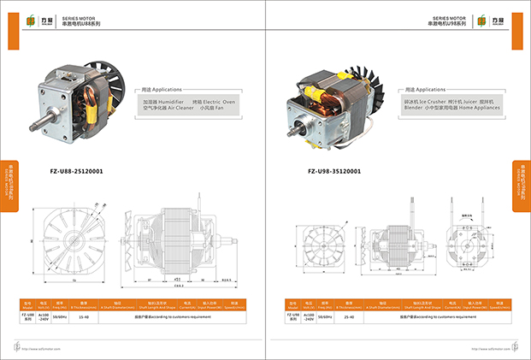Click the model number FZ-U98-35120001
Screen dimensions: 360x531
(x=333, y=171)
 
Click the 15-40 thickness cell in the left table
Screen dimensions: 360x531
(x=83, y=316)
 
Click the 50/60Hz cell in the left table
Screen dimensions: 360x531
(x=60, y=316)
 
